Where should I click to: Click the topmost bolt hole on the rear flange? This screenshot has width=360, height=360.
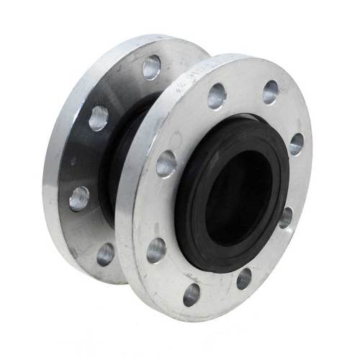tap(151, 68)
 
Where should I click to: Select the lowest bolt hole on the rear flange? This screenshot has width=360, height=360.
tap(106, 253)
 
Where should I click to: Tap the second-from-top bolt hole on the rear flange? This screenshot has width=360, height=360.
tap(99, 117)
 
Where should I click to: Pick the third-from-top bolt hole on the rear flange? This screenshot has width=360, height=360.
tap(79, 198)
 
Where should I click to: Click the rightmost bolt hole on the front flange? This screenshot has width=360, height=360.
tap(296, 143)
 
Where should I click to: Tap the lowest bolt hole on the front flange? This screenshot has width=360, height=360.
tap(192, 293)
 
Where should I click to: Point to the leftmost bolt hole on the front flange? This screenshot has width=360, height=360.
tap(156, 250)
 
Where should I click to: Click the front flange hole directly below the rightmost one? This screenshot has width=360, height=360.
tap(286, 217)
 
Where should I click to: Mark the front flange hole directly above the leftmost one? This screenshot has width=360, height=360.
tap(166, 163)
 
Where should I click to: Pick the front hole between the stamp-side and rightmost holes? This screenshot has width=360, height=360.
tap(270, 91)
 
